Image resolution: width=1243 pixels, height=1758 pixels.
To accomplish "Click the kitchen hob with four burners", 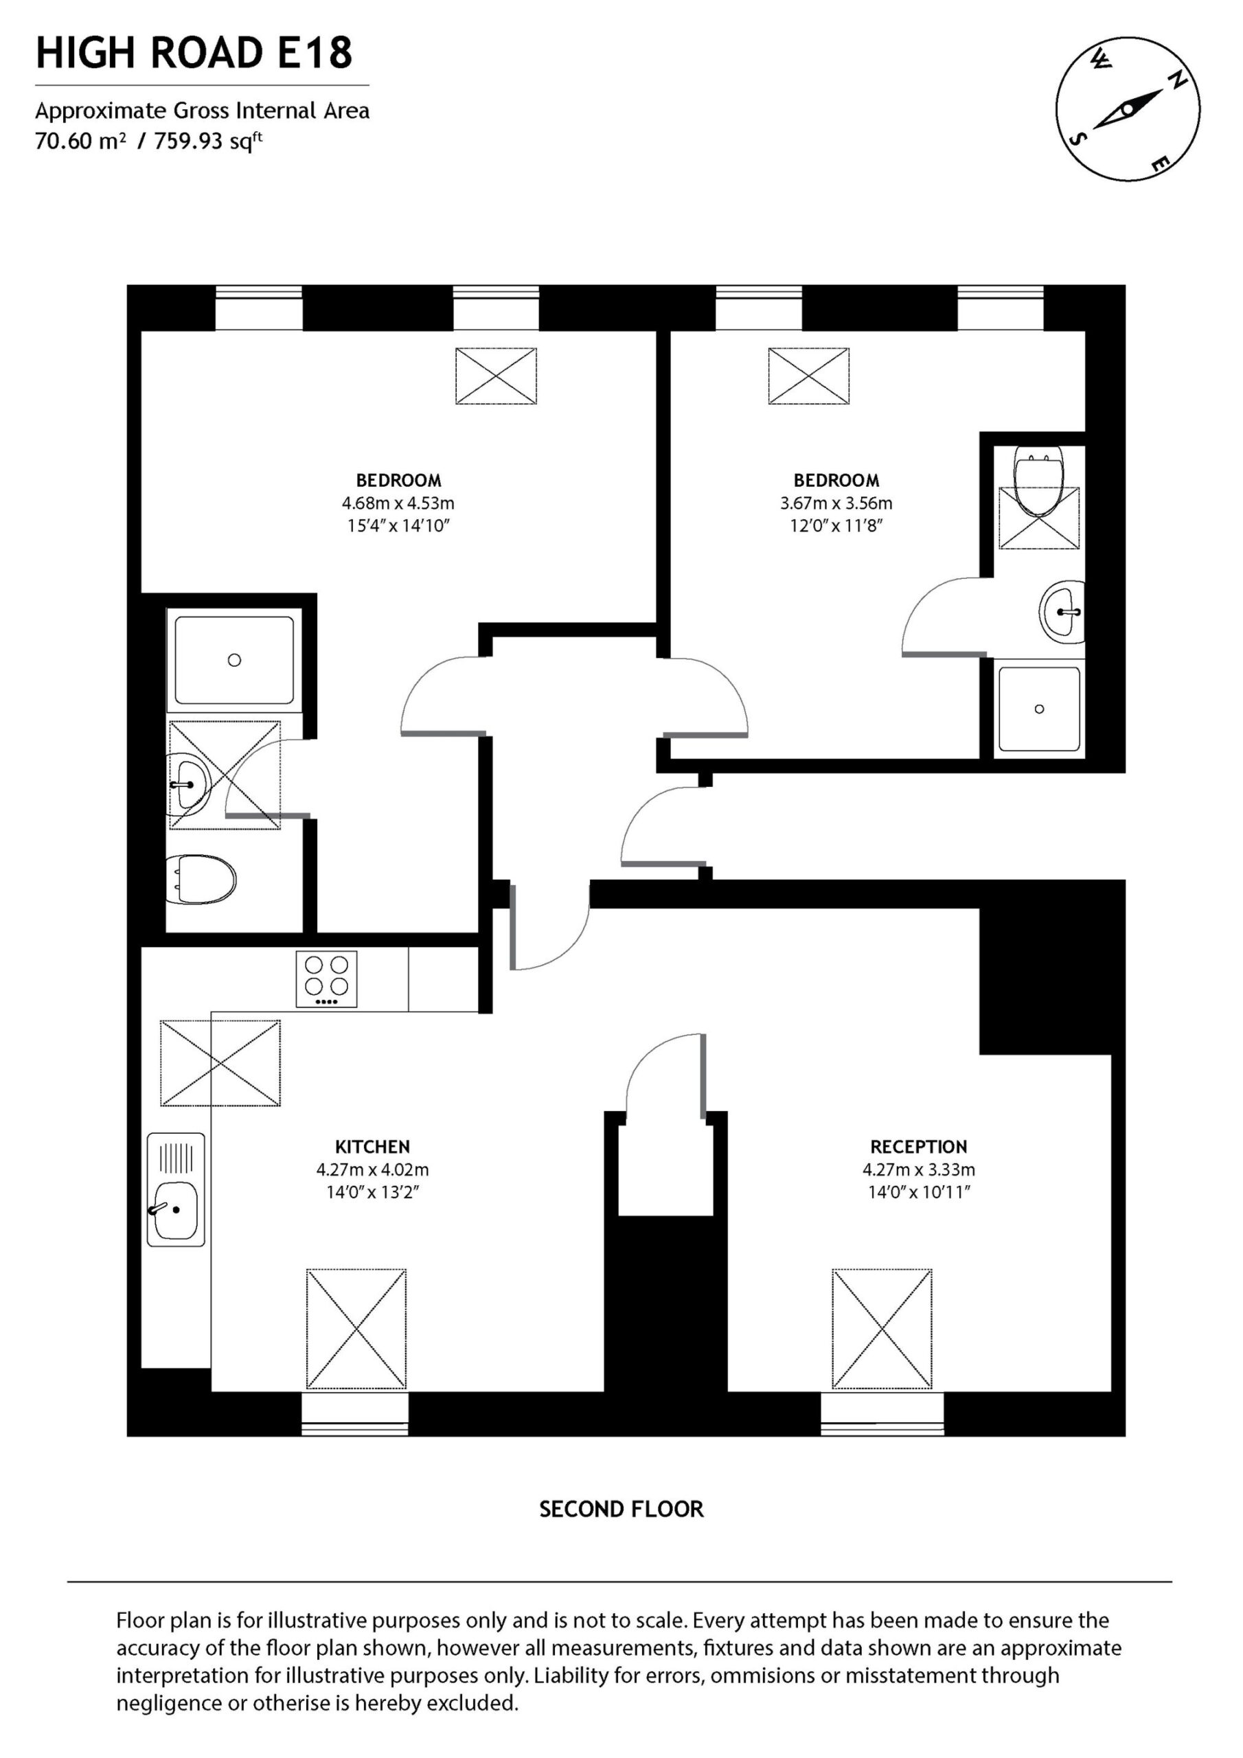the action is [x=327, y=979].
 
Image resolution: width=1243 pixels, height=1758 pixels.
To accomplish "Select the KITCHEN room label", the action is [x=372, y=1146].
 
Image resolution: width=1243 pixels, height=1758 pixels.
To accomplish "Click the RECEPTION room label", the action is [x=918, y=1146].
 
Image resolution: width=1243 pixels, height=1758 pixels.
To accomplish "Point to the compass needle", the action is [x=1128, y=109].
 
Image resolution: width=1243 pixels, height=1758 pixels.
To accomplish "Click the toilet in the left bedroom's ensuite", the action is [x=201, y=879].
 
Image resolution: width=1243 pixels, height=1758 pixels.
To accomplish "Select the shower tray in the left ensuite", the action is [x=234, y=660].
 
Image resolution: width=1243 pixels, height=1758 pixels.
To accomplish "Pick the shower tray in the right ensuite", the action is [x=1039, y=709].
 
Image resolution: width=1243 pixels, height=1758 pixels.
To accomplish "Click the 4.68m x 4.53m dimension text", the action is [x=398, y=503].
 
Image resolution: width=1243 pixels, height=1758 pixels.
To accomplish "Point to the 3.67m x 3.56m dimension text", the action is [x=836, y=503].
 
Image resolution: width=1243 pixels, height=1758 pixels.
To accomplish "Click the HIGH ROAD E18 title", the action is [x=194, y=53].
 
